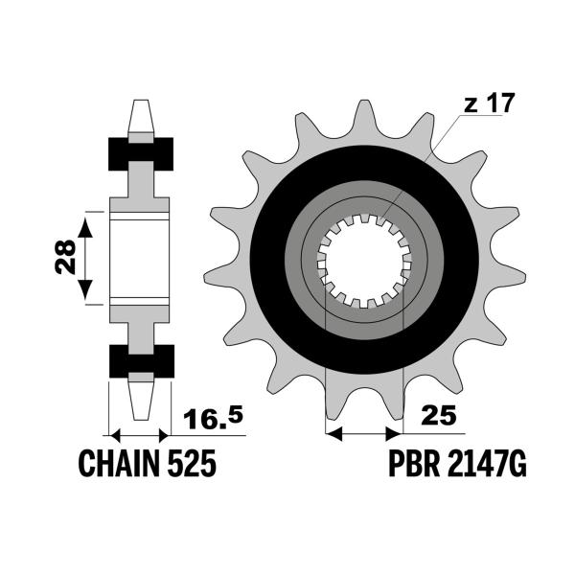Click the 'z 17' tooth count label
point(489,103)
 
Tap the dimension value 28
point(65,257)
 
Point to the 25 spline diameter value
point(439,415)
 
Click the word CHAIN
point(120,464)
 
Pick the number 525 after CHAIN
point(192,464)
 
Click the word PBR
point(414,464)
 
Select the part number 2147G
point(487,464)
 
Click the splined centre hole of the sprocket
point(364,261)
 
